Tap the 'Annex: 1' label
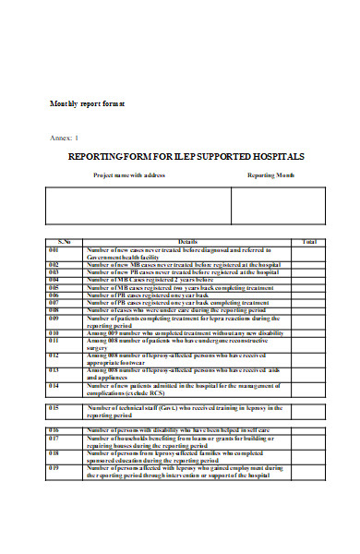coord(65,137)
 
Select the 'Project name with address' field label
coord(129,175)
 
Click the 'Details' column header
coord(188,242)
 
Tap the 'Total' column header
coord(309,242)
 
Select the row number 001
coord(54,250)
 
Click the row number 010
coord(54,331)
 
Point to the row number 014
coord(54,384)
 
